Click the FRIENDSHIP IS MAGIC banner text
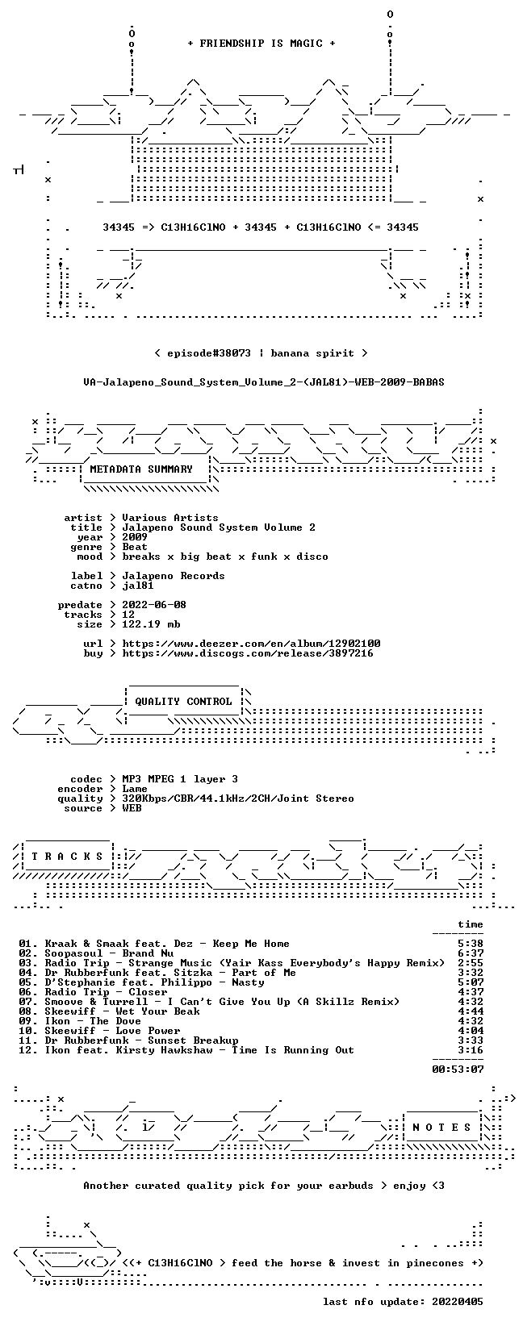261,44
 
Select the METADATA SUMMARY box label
141,469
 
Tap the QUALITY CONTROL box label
183,702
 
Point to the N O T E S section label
441,1127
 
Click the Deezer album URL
251,644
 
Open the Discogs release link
248,653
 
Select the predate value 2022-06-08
154,605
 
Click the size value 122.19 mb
151,624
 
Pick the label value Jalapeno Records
174,576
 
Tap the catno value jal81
138,586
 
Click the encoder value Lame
135,789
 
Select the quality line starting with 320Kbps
238,799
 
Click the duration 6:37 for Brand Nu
471,953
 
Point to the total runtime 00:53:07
458,1070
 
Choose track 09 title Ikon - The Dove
93,1021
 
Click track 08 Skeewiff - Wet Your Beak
122,1011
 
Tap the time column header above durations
471,924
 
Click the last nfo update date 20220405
458,1302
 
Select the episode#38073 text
209,353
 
